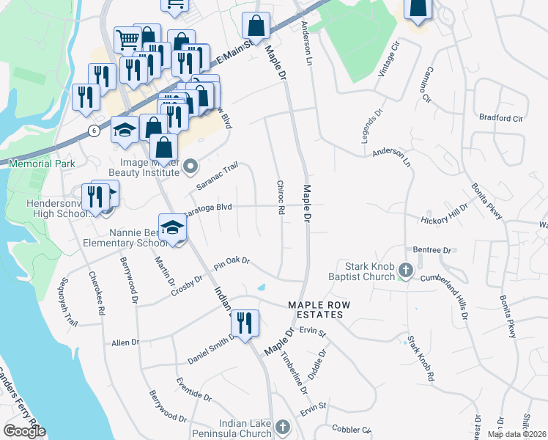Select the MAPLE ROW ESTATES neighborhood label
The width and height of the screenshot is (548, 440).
click(316, 309)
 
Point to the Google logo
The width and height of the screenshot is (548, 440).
click(24, 431)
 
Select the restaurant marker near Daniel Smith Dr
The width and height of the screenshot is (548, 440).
click(245, 322)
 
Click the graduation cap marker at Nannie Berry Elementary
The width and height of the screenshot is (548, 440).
click(173, 227)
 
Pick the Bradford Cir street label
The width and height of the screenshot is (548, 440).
click(500, 117)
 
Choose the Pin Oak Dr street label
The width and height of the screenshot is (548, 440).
click(232, 262)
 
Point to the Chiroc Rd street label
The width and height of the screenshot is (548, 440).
click(280, 198)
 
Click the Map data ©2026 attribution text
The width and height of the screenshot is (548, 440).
click(516, 434)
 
